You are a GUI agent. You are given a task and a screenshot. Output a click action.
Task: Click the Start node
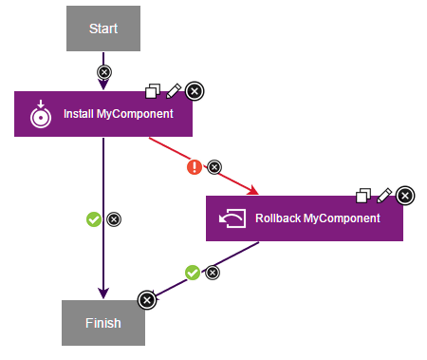coord(102,28)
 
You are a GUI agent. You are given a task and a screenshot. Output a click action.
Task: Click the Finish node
coord(102,323)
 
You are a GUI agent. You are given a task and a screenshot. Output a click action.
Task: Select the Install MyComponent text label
coord(118,115)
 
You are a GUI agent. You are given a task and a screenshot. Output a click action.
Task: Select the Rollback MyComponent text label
coord(317,218)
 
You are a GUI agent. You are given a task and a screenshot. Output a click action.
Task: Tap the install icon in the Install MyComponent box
coord(40,115)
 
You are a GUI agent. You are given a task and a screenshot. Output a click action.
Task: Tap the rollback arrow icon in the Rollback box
coord(232,219)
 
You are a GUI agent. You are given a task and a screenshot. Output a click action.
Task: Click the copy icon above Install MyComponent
coord(153,91)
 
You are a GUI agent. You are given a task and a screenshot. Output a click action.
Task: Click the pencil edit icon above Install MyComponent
coord(173,91)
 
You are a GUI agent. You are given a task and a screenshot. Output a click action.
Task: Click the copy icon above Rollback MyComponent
coord(363,195)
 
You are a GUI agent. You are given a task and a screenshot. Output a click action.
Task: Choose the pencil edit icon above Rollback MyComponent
coord(383,195)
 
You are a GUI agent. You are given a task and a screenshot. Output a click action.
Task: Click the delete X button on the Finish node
coord(146,300)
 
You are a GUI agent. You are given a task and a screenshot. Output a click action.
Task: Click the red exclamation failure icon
coord(195,167)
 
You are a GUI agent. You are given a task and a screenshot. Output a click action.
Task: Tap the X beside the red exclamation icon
coord(213,167)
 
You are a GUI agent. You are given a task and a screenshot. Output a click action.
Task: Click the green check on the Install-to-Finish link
coord(93,219)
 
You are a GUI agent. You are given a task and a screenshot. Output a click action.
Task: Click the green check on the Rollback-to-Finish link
coord(193,273)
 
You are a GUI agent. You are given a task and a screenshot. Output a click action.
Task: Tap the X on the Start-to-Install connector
coord(103,72)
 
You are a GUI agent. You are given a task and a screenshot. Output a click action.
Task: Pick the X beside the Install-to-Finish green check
coord(114,219)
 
